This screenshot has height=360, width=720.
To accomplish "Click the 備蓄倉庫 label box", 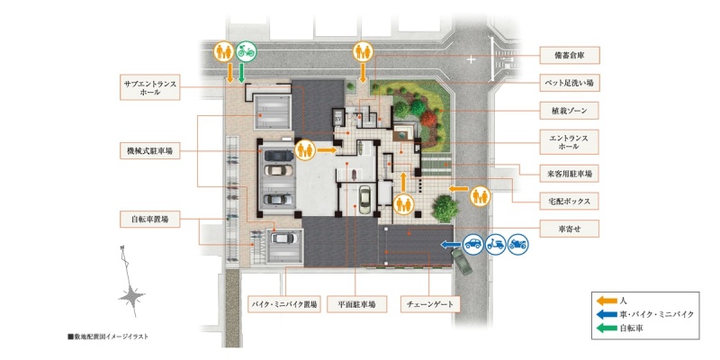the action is pyautogui.click(x=570, y=56).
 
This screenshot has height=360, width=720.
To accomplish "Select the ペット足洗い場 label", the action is pyautogui.click(x=570, y=83).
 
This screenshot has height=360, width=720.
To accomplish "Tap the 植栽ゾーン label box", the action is pyautogui.click(x=570, y=111).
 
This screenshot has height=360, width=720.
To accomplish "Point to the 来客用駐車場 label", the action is pyautogui.click(x=570, y=174).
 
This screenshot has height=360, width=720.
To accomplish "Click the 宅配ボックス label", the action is pyautogui.click(x=570, y=201).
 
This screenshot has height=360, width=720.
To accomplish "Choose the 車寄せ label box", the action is pyautogui.click(x=570, y=229).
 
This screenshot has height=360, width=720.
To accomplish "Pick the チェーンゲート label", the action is pyautogui.click(x=430, y=304).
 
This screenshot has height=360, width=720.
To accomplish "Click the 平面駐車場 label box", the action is pyautogui.click(x=356, y=304).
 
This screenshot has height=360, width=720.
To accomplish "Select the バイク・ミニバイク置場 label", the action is pyautogui.click(x=283, y=304).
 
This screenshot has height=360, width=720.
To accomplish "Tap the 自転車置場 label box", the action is pyautogui.click(x=149, y=220).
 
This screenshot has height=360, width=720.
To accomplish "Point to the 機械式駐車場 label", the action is pyautogui.click(x=149, y=150).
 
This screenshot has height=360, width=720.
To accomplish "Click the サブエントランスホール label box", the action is pyautogui.click(x=149, y=87).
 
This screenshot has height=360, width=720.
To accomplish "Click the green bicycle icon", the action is pyautogui.click(x=246, y=51).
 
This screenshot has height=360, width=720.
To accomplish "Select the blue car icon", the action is pyautogui.click(x=472, y=244).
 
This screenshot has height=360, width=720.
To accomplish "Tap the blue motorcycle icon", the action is pyautogui.click(x=518, y=244).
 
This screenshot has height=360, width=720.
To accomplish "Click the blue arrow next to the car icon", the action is pyautogui.click(x=451, y=245).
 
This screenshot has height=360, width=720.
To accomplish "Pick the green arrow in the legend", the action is pyautogui.click(x=606, y=328).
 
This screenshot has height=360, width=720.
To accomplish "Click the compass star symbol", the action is pyautogui.click(x=131, y=297).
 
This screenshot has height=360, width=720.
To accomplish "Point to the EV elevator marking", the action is pyautogui.click(x=339, y=119).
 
